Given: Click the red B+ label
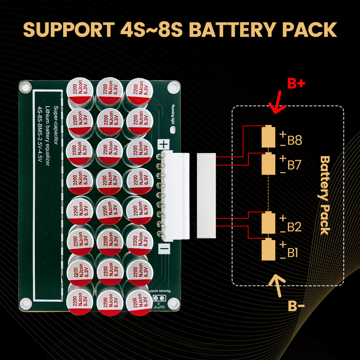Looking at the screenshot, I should pyautogui.click(x=296, y=84).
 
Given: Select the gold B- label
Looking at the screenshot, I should pyautogui.click(x=296, y=306).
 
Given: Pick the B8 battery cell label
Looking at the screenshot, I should pyautogui.click(x=294, y=140).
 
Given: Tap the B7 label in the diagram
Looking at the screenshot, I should pyautogui.click(x=294, y=165).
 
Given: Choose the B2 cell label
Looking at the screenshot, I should pyautogui.click(x=294, y=227).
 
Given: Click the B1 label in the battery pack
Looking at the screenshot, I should pyautogui.click(x=293, y=253).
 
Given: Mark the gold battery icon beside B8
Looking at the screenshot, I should pyautogui.click(x=268, y=136).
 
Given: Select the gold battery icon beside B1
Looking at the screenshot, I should pyautogui.click(x=268, y=249).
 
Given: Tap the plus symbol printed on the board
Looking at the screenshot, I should pyautogui.click(x=164, y=145).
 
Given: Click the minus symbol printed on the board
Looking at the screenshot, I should pyautogui.click(x=164, y=248).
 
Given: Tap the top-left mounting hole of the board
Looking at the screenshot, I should pyautogui.click(x=25, y=86).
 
